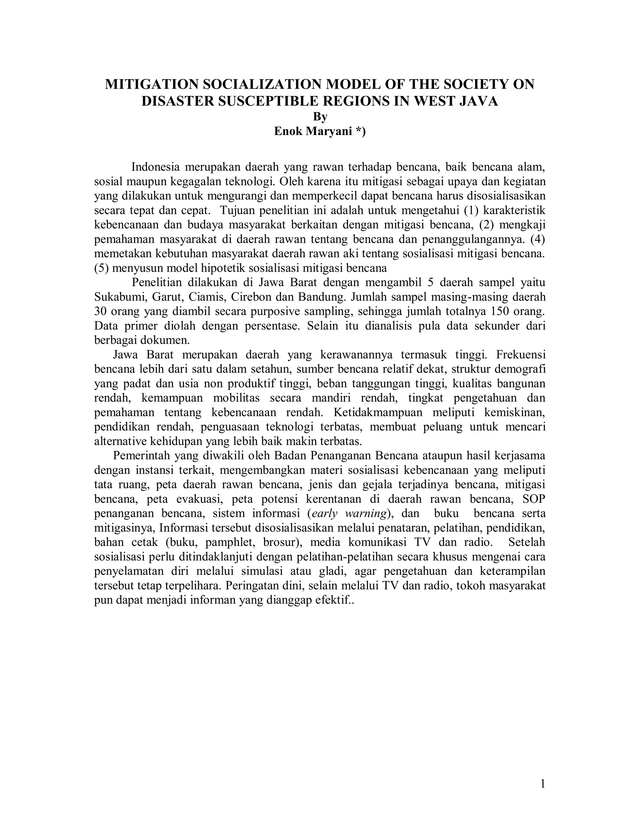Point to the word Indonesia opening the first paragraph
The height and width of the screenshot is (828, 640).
[155, 167]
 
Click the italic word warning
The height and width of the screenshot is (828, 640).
[366, 513]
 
